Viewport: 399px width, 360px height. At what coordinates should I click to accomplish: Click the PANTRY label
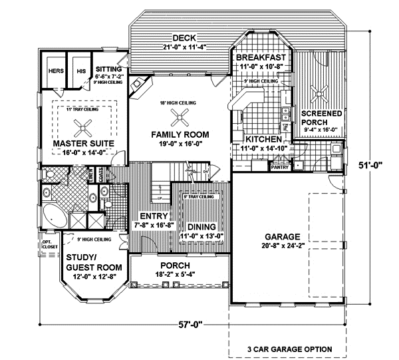click(x=279, y=168)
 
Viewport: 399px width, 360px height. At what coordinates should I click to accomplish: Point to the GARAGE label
click(x=283, y=237)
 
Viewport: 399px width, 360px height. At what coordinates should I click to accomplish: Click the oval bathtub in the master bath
click(x=50, y=216)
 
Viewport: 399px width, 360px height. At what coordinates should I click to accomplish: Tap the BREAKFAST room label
click(x=261, y=58)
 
